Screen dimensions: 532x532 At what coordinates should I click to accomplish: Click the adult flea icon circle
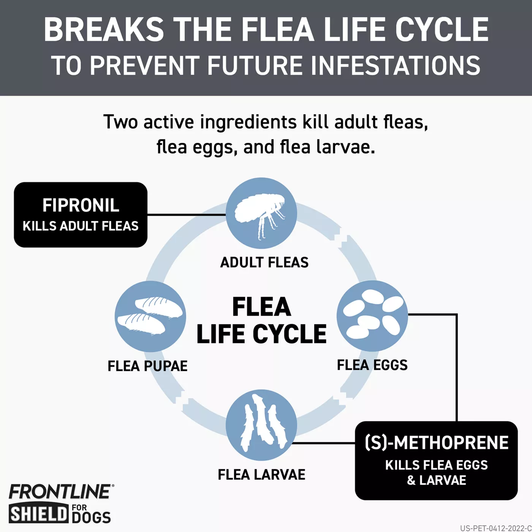[x=261, y=213]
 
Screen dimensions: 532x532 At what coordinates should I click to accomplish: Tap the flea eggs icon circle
[x=372, y=316]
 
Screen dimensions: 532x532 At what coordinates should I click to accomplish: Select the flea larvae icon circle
[x=261, y=425]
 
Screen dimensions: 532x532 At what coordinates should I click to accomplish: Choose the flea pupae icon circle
[x=150, y=316]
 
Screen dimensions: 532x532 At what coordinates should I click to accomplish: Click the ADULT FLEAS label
[x=264, y=263]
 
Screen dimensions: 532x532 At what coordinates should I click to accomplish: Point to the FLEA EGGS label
[x=372, y=365]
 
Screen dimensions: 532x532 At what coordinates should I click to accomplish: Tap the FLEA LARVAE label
[x=261, y=475]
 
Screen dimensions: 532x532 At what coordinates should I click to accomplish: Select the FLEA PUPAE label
[x=147, y=366]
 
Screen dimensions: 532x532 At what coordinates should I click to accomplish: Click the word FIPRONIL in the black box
[x=81, y=205]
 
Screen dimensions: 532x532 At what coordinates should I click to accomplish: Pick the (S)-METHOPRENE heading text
[x=437, y=443]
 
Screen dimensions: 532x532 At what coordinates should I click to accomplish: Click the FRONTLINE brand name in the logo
[x=60, y=492]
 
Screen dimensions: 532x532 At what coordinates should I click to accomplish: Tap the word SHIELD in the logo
[x=38, y=514]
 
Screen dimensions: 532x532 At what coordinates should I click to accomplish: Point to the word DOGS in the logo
[x=91, y=518]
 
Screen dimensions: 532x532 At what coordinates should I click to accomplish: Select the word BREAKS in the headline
[x=104, y=30]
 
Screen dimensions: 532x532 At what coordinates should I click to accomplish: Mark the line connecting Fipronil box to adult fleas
[x=186, y=215]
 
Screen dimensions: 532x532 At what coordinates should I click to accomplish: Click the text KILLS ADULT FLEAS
[x=81, y=226]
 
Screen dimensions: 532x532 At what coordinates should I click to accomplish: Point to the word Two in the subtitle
[x=120, y=122]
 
